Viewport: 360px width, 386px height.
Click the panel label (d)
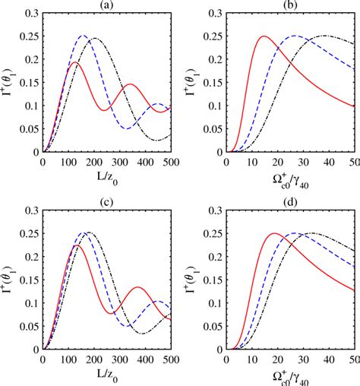click(290, 201)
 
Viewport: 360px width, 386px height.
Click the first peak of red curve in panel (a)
click(74, 63)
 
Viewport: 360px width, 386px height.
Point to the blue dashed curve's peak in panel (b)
click(295, 36)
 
